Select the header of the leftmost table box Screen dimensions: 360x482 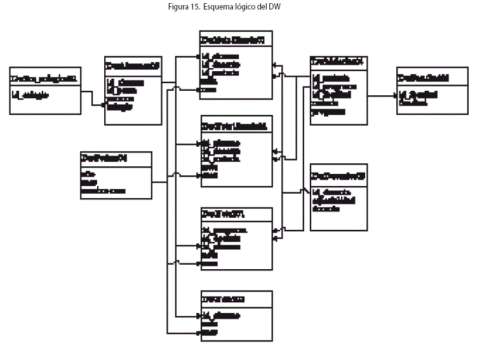45,78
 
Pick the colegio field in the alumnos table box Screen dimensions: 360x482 120,107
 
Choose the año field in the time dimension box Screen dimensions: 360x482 88,172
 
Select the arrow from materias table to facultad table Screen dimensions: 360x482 381,97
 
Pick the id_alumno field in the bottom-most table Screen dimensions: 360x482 221,314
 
